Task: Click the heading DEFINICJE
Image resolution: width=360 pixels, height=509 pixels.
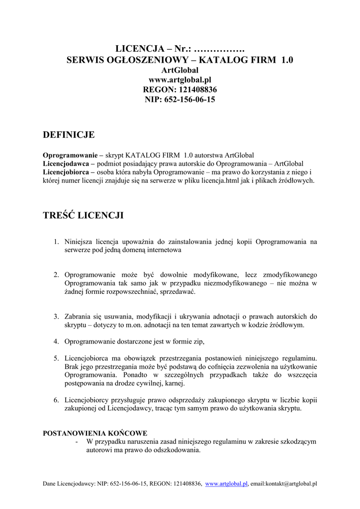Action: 69,135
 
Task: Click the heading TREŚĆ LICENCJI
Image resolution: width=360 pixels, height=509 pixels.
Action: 83,215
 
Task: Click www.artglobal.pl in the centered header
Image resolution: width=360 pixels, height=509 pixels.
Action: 180,80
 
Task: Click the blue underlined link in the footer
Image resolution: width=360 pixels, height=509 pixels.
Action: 226,483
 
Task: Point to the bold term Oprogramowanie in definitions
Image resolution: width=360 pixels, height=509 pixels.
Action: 70,155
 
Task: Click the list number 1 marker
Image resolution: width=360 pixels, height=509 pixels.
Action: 57,242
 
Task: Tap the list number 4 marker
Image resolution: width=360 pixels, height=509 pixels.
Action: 57,341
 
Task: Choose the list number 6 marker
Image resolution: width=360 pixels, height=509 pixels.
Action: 57,400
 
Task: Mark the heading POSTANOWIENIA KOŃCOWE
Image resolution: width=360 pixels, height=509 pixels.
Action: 95,433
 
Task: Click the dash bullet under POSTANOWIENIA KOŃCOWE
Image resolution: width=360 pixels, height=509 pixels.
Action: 76,441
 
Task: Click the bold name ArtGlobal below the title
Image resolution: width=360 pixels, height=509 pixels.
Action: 180,70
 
